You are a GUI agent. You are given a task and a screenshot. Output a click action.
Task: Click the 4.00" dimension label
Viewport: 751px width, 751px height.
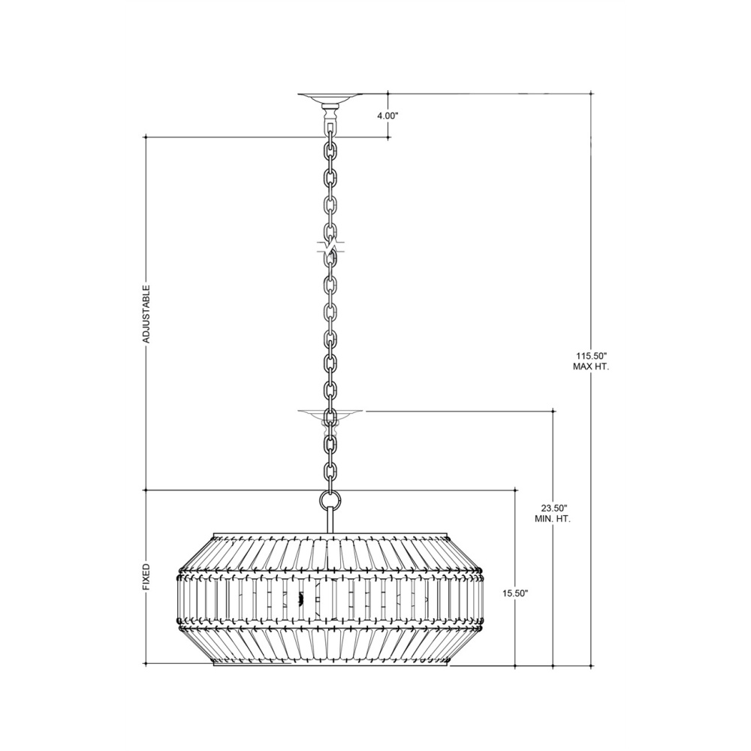[388, 116]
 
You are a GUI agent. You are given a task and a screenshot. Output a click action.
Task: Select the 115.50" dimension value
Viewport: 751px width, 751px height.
[591, 356]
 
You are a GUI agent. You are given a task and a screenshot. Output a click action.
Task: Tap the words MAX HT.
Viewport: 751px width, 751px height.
[591, 367]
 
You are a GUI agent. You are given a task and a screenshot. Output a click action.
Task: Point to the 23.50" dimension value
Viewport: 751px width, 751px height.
[553, 508]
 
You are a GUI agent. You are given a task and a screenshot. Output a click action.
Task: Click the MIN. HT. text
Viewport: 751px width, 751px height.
[553, 519]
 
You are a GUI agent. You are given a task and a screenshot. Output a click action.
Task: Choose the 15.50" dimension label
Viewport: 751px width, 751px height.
[515, 593]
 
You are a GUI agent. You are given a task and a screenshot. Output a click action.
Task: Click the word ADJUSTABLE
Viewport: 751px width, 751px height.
[146, 314]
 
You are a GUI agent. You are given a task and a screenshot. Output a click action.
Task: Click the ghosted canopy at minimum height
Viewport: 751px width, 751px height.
[330, 415]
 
